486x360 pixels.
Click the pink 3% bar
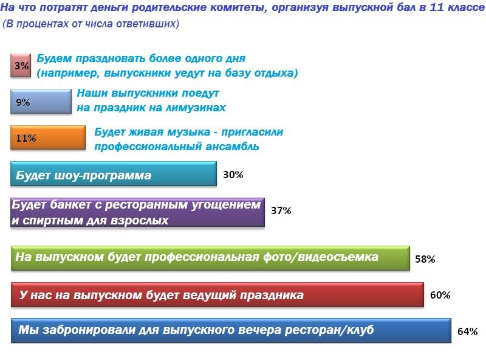[x=21, y=65]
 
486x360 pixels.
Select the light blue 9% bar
[x=41, y=101]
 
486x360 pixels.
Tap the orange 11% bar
[x=48, y=137]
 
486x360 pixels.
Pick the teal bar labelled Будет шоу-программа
[x=114, y=174]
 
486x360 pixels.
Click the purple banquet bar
[x=138, y=212]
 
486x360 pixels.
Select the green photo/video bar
[x=210, y=258]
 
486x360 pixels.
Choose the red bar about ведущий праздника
[x=217, y=294]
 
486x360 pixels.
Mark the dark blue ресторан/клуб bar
[x=231, y=331]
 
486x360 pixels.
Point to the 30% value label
[x=233, y=175]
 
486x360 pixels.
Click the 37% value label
[x=281, y=210]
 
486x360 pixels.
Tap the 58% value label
[x=425, y=259]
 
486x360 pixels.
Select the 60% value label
[x=440, y=295]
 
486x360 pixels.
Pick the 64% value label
[x=467, y=331]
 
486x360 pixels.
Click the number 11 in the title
[x=436, y=7]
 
